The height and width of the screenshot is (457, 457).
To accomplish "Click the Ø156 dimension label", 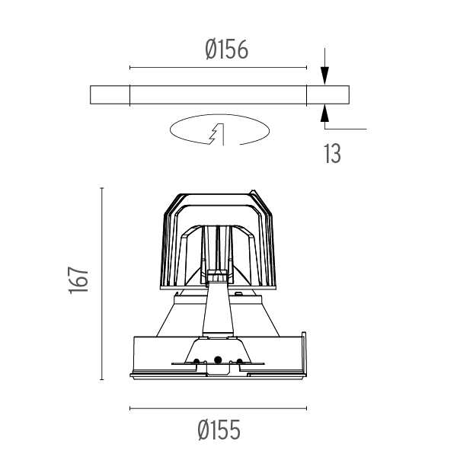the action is [226, 50].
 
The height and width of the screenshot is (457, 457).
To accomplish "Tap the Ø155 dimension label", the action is [219, 430].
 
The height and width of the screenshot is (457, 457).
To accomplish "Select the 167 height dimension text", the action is [78, 280].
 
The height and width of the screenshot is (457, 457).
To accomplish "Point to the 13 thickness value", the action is [332, 153].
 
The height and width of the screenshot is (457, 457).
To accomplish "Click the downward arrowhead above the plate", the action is [324, 75].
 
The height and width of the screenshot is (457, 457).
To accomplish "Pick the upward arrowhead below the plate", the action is [324, 113].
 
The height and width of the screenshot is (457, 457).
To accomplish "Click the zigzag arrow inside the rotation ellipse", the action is [217, 134].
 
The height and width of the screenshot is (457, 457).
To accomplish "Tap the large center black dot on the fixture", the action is [217, 360].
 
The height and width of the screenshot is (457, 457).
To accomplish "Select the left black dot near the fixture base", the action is [197, 361].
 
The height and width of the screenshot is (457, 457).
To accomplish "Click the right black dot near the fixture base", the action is [239, 361].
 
